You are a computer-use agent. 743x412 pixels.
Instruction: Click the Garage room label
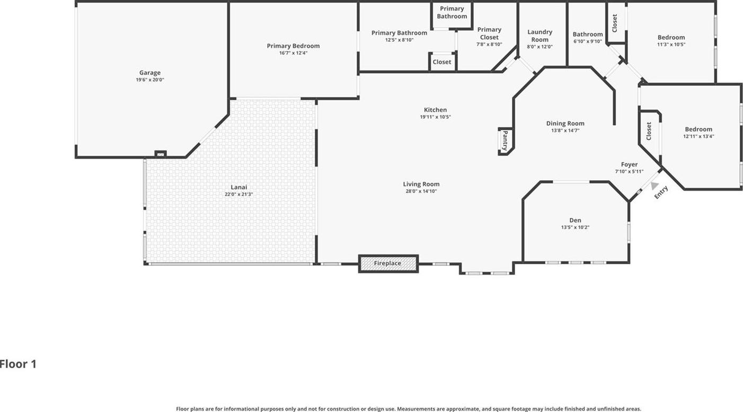click(x=150, y=72)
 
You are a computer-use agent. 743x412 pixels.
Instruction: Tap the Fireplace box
click(x=388, y=264)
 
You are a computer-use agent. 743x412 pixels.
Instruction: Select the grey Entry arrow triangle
click(x=654, y=186)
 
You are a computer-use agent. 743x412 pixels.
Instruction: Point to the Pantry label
click(x=505, y=141)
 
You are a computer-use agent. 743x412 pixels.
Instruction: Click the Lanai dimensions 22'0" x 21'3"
click(x=239, y=194)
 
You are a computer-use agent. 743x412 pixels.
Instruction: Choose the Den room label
click(x=575, y=220)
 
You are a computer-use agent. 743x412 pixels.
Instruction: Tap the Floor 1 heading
click(x=18, y=364)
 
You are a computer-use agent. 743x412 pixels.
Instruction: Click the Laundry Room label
click(x=539, y=36)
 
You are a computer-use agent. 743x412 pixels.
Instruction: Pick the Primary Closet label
click(x=489, y=33)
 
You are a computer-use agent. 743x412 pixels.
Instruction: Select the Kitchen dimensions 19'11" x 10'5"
click(x=436, y=117)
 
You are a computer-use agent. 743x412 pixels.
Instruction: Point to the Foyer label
click(x=629, y=164)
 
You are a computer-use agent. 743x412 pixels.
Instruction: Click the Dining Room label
click(x=565, y=123)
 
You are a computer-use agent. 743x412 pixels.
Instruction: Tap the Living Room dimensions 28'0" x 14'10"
click(x=421, y=191)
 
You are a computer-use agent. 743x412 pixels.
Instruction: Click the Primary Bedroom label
click(x=293, y=46)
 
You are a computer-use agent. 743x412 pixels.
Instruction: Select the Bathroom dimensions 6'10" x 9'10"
click(x=587, y=41)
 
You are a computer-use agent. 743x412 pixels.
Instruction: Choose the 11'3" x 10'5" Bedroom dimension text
click(x=671, y=45)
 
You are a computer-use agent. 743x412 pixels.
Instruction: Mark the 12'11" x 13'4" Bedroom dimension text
click(x=698, y=136)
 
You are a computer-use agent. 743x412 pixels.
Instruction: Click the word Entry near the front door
click(x=661, y=192)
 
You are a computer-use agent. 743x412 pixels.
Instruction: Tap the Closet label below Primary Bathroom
click(x=442, y=62)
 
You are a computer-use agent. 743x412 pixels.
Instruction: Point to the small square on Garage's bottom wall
click(x=161, y=154)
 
